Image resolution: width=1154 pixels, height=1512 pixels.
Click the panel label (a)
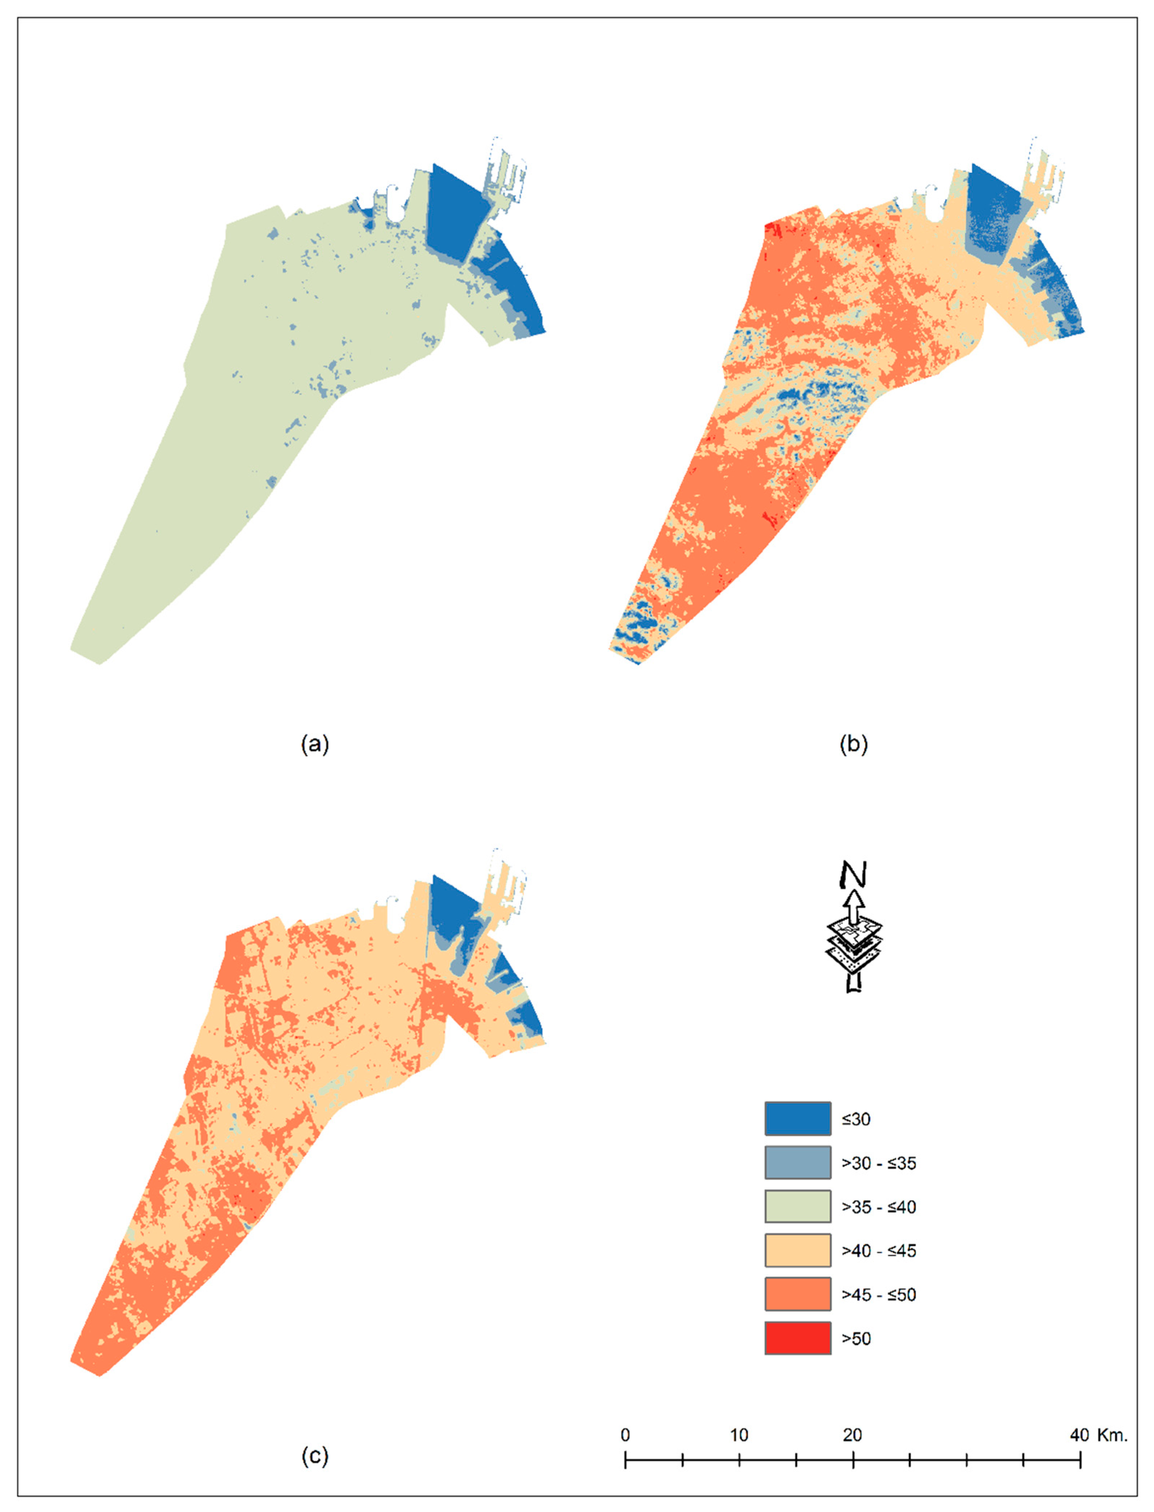click(x=315, y=744)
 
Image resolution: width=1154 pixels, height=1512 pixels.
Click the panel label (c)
click(x=315, y=1454)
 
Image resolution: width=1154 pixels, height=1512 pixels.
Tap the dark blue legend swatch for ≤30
click(x=798, y=1119)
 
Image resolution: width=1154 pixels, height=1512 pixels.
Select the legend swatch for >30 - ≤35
click(x=798, y=1162)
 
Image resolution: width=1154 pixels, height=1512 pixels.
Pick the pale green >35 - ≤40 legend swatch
click(x=798, y=1206)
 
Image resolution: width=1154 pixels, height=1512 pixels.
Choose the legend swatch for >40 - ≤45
click(x=798, y=1250)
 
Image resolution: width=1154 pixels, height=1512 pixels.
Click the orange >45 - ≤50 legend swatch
click(x=798, y=1294)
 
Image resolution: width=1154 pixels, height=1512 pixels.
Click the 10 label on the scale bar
click(x=739, y=1434)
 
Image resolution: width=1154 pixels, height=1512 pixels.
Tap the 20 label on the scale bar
click(x=852, y=1434)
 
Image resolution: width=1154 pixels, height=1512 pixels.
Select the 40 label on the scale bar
click(x=1079, y=1434)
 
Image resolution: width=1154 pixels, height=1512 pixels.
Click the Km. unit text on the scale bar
click(x=1112, y=1434)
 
